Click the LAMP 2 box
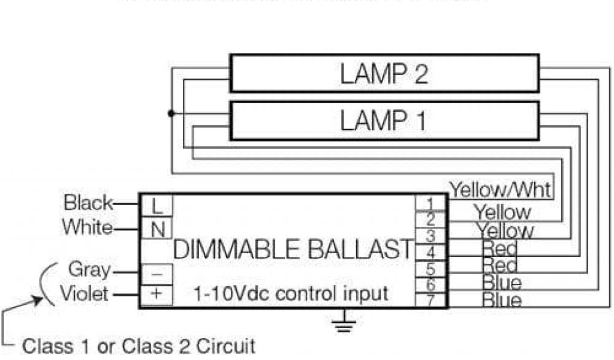[x=384, y=73]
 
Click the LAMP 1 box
[x=384, y=120]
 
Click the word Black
[x=88, y=203]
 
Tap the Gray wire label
[x=90, y=269]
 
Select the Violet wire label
[x=84, y=294]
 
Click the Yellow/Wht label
[x=501, y=190]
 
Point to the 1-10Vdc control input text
[x=291, y=294]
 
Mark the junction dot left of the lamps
[x=171, y=113]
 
